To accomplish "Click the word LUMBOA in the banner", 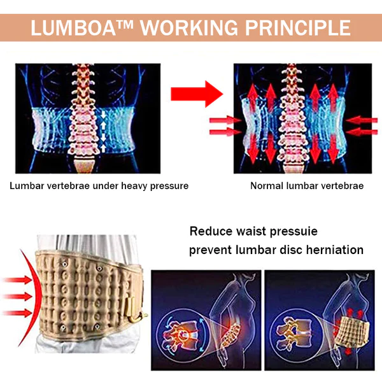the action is [73, 28].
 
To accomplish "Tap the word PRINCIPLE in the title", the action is [298, 28].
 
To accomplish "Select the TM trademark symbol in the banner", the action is [125, 24].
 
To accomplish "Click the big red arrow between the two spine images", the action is [197, 94].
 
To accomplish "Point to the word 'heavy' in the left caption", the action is [134, 186].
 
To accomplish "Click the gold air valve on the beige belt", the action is [136, 310].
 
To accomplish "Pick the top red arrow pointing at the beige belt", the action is [18, 280].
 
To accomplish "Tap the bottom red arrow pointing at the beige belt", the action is [18, 313].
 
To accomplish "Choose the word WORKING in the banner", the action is [189, 28].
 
